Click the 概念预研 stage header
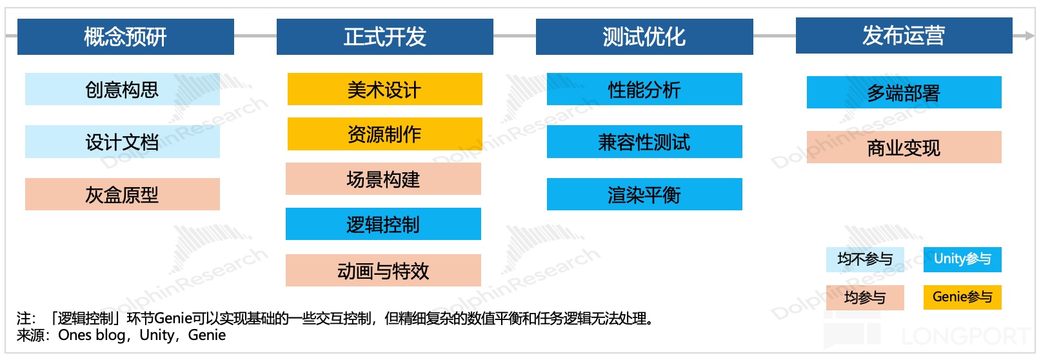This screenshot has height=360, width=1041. tap(126, 37)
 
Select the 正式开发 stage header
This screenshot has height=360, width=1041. tap(385, 37)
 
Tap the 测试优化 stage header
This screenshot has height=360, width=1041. tap(644, 37)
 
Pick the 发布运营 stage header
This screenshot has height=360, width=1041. tap(904, 35)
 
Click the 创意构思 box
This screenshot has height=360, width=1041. tap(123, 89)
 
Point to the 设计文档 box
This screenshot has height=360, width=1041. tap(123, 141)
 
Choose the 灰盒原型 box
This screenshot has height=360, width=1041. tap(123, 194)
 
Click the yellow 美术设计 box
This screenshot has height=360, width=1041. tap(385, 89)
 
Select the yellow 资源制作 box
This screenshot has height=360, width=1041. tap(385, 134)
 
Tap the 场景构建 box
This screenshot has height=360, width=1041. tap(383, 179)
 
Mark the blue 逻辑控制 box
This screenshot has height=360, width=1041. tap(383, 224)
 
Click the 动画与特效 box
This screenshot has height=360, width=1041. tap(383, 270)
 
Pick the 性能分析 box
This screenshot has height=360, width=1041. tap(644, 89)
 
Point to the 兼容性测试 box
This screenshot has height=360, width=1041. tap(644, 141)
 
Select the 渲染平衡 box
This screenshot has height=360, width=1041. tap(644, 194)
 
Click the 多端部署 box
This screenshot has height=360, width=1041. tap(904, 92)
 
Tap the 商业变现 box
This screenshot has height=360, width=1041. tap(904, 147)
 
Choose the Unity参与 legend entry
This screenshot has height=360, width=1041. tap(962, 259)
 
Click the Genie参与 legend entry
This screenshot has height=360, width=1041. tap(962, 297)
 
